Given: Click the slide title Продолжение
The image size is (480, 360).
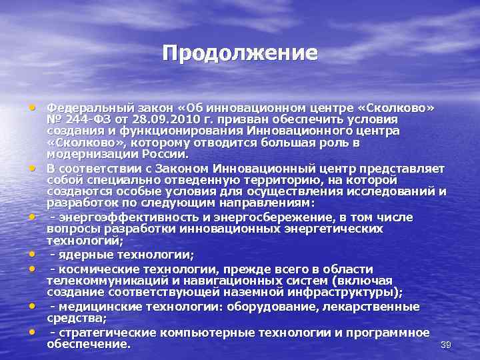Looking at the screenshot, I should click(240, 53).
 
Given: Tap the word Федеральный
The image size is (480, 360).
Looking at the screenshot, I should click(79, 107).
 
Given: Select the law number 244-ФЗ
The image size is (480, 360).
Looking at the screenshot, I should click(87, 119).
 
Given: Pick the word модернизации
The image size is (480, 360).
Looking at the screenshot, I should click(83, 153).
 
